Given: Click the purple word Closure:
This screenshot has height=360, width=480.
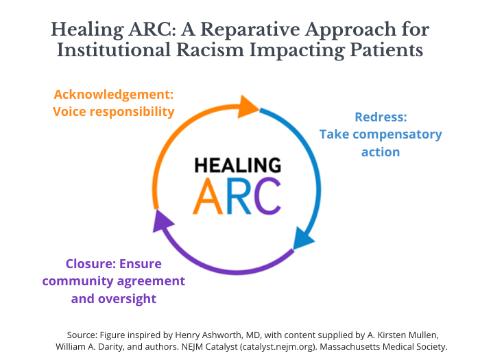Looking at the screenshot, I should pyautogui.click(x=91, y=263).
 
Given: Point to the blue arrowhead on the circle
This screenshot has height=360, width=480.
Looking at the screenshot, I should pyautogui.click(x=303, y=239).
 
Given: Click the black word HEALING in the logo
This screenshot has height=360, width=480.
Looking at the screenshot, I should pyautogui.click(x=237, y=165).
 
